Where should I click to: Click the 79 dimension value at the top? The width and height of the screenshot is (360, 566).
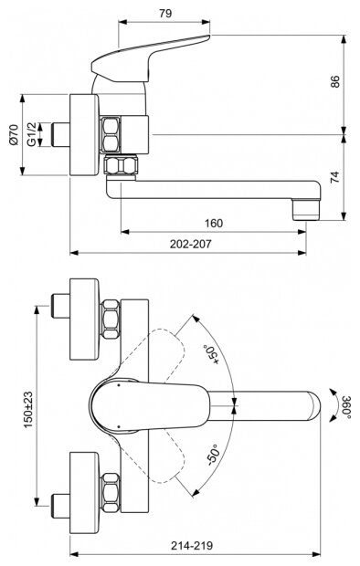coord(165,14)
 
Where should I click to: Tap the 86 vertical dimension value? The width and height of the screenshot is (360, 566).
coord(335,81)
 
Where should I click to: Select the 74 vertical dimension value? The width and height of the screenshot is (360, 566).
coord(335,177)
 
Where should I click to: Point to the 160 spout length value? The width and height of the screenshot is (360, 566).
coord(214,223)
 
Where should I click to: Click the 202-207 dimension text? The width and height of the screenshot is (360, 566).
coord(190,244)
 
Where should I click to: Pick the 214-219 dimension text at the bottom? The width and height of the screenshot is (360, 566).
coord(192,545)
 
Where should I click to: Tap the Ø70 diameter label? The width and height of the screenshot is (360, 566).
coord(14,134)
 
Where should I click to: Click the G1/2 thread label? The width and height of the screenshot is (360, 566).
coord(32,134)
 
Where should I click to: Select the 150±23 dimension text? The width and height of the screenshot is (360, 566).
coord(28,410)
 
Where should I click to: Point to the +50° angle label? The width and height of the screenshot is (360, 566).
coord(212,354)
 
